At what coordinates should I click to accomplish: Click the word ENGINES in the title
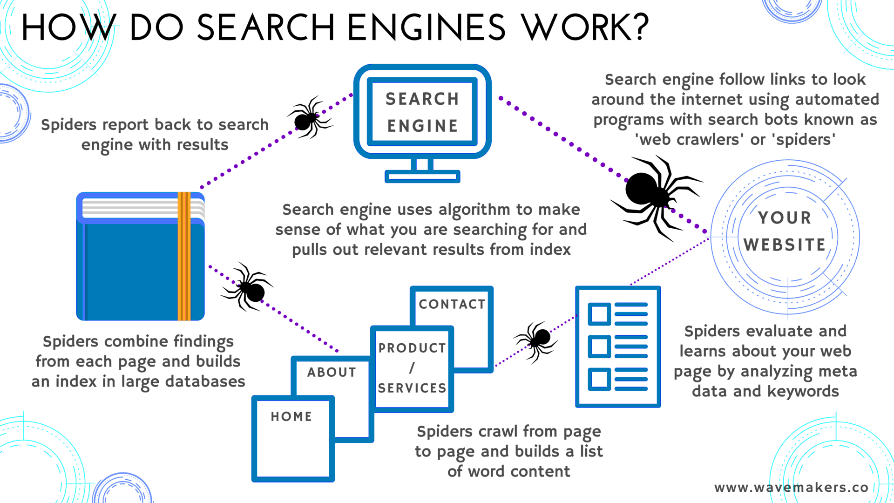tap(426, 27)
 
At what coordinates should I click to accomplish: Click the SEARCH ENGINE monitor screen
tap(422, 112)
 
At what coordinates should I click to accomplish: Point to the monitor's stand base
tap(422, 177)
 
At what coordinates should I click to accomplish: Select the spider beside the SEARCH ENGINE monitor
tap(307, 118)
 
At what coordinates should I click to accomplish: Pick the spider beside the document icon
tap(538, 339)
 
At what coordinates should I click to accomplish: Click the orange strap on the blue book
tap(184, 256)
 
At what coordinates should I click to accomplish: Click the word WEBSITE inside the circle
tap(785, 245)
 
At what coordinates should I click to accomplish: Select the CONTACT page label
tap(452, 304)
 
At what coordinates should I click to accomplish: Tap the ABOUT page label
tap(332, 372)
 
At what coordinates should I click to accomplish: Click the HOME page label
tap(291, 416)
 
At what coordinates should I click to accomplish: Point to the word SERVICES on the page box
tap(412, 388)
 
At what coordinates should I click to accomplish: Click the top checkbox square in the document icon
tap(599, 314)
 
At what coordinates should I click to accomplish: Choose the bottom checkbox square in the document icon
tap(599, 379)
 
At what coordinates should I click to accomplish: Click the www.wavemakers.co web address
tap(791, 488)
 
